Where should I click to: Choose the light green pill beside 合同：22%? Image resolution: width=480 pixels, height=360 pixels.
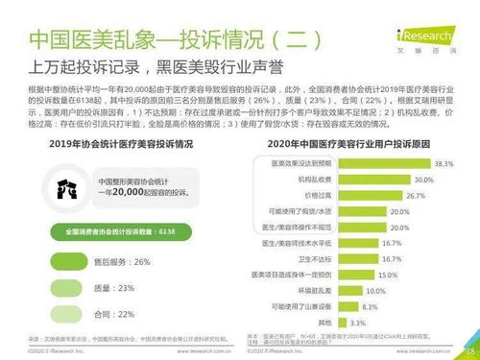click(68, 313)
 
